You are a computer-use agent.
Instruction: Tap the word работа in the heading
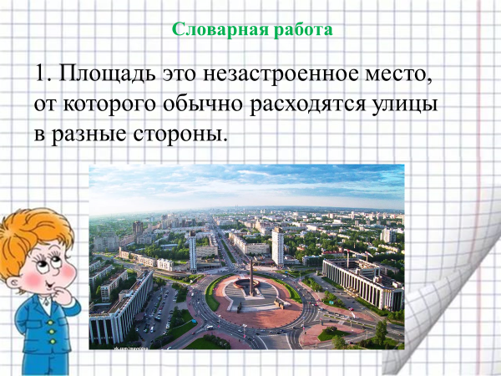point(303,29)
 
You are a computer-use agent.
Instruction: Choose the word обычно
point(203,105)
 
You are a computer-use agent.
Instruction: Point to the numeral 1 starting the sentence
point(41,74)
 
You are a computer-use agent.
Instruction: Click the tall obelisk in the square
point(252,277)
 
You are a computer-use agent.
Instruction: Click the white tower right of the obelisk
point(278,246)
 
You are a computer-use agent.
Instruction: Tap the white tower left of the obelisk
point(193,252)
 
